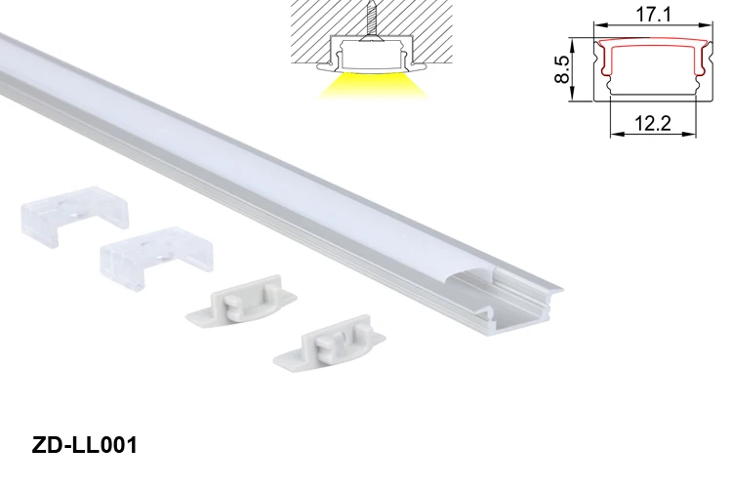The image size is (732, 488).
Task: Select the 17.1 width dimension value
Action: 650,16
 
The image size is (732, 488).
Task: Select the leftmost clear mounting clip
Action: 73,219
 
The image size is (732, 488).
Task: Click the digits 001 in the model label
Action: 116,445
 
